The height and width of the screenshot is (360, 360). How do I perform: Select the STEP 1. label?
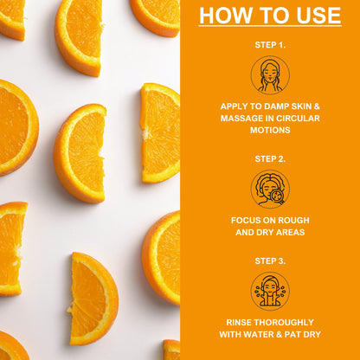[x=270, y=45]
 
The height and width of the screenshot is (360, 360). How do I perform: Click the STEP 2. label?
[x=270, y=159]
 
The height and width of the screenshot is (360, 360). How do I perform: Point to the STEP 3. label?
[x=270, y=261]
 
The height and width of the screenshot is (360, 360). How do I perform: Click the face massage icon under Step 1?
[x=270, y=75]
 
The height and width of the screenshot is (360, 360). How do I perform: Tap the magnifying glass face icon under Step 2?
[x=270, y=189]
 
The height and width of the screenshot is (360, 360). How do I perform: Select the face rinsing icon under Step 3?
[x=270, y=291]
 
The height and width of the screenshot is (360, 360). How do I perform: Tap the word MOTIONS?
[x=270, y=130]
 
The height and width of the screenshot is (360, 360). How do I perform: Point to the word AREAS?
[x=289, y=232]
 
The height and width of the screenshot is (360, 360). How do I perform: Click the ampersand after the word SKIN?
[x=317, y=106]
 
